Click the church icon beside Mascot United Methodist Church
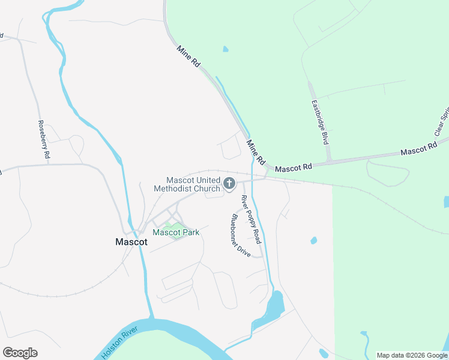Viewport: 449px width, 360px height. tap(229, 183)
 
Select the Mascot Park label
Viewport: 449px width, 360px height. tap(175, 232)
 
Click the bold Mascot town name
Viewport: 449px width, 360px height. tap(131, 242)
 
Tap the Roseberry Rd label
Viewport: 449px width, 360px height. tap(44, 139)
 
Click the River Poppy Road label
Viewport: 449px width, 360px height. tap(251, 219)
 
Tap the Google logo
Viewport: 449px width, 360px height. tap(20, 353)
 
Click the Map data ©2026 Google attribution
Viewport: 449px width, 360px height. tap(412, 355)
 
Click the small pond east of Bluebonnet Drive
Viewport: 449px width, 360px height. tap(313, 241)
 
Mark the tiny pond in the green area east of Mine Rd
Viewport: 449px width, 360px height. tap(225, 49)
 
